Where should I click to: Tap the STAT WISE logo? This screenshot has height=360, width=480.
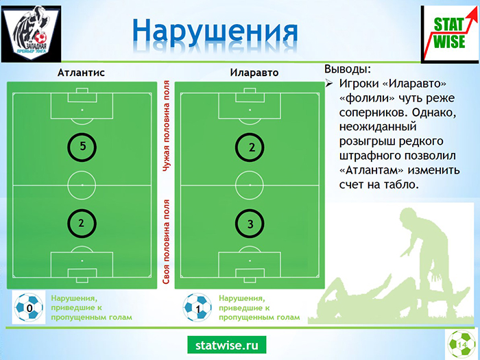pos(450,34)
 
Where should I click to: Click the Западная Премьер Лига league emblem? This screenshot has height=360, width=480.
pos(32,34)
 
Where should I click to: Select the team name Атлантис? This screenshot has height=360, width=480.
pos(81,73)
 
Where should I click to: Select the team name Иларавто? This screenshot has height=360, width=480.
pos(254,73)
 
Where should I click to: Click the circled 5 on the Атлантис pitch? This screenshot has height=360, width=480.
pos(82,147)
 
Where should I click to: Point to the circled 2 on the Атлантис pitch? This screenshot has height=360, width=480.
pos(82,224)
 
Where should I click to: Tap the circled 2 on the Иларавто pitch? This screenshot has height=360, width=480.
pos(250,147)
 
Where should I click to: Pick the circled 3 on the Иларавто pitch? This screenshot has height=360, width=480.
pos(250,224)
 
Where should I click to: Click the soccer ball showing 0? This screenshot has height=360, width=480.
pos(29,307)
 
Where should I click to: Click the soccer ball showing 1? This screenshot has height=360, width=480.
pos(197,307)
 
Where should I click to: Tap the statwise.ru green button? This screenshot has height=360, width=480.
pos(227,345)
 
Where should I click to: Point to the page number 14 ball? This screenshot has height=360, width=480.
pos(462,344)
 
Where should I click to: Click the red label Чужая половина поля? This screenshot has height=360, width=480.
pos(166,125)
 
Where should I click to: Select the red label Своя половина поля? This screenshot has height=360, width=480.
pos(166,242)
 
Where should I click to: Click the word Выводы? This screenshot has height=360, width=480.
pos(348,69)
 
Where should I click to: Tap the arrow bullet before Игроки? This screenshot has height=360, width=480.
pos(329,84)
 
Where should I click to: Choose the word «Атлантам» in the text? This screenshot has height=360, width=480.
pos(372,170)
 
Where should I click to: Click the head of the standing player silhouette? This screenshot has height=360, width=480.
pos(409,215)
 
